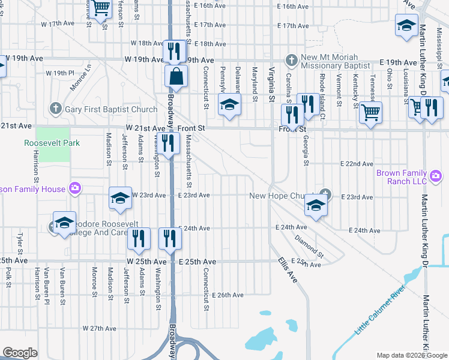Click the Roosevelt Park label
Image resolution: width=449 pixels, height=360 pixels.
coord(48,143)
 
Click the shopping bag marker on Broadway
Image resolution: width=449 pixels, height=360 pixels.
coord(176,77)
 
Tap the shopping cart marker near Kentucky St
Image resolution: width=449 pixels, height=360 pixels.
coord(371,112)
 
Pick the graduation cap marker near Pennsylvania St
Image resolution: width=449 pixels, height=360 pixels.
coord(229,105)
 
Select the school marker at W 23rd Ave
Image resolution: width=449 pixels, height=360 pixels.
coord(120,198)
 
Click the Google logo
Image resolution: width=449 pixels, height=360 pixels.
coord(20,353)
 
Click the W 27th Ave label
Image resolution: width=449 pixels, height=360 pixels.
coord(99,328)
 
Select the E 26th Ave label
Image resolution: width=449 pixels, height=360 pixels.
coord(228,295)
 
